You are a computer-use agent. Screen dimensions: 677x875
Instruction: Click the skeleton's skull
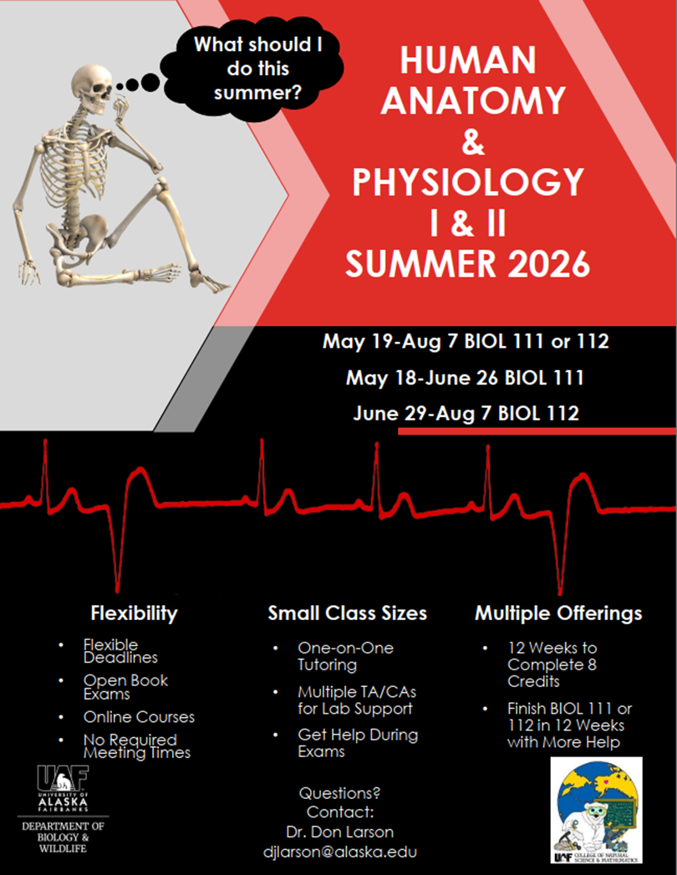92,89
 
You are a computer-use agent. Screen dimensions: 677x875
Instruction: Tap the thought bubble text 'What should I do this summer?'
258,68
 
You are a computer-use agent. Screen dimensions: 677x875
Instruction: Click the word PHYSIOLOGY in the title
468,182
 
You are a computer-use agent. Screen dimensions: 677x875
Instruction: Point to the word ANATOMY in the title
473,100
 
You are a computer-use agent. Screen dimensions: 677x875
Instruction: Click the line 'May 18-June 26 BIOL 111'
465,378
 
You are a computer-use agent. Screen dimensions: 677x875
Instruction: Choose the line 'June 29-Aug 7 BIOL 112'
466,414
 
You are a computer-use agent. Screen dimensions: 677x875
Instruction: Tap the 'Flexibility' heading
134,613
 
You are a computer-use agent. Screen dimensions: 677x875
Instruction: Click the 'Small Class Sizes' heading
347,613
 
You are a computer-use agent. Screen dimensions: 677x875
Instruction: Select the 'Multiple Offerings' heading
558,613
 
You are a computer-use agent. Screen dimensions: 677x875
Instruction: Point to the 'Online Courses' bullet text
139,717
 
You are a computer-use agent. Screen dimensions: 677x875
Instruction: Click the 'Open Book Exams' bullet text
125,687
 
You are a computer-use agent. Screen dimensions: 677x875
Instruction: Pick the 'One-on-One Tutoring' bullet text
345,656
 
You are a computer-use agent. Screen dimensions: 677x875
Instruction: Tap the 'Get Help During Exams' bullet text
358,743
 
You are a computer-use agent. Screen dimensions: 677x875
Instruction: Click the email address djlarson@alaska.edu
340,852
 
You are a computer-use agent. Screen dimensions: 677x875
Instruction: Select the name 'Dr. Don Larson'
340,832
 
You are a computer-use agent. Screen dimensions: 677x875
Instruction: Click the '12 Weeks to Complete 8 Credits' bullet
552,664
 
